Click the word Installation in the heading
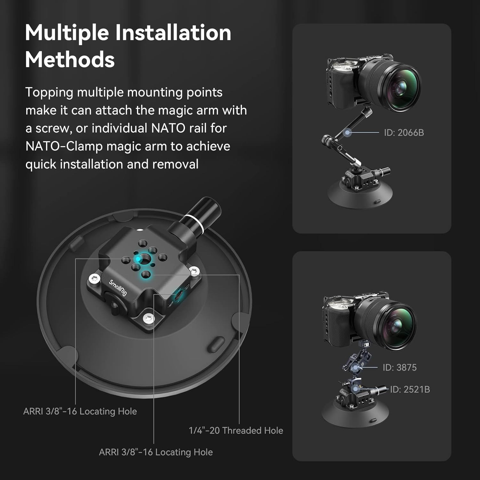coord(173,33)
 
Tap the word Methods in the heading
coord(70,60)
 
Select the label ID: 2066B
coord(404,132)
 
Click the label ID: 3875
coord(400,367)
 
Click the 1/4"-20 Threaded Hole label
coord(236,430)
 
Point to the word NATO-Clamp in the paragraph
coord(64,146)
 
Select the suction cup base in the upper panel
coord(358,196)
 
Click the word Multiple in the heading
coord(67,33)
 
